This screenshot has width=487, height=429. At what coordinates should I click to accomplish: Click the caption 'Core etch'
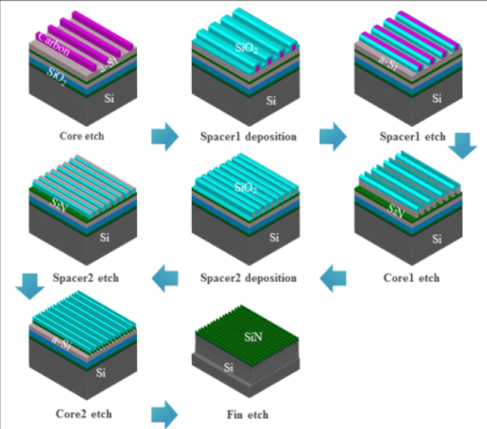click(82, 136)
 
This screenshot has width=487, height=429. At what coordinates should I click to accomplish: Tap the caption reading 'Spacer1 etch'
click(409, 136)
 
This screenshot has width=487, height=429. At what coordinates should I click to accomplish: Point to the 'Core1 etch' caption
click(409, 277)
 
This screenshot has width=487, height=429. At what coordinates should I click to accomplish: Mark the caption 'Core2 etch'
click(82, 414)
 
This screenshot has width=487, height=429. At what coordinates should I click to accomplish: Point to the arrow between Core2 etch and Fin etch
click(165, 414)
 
